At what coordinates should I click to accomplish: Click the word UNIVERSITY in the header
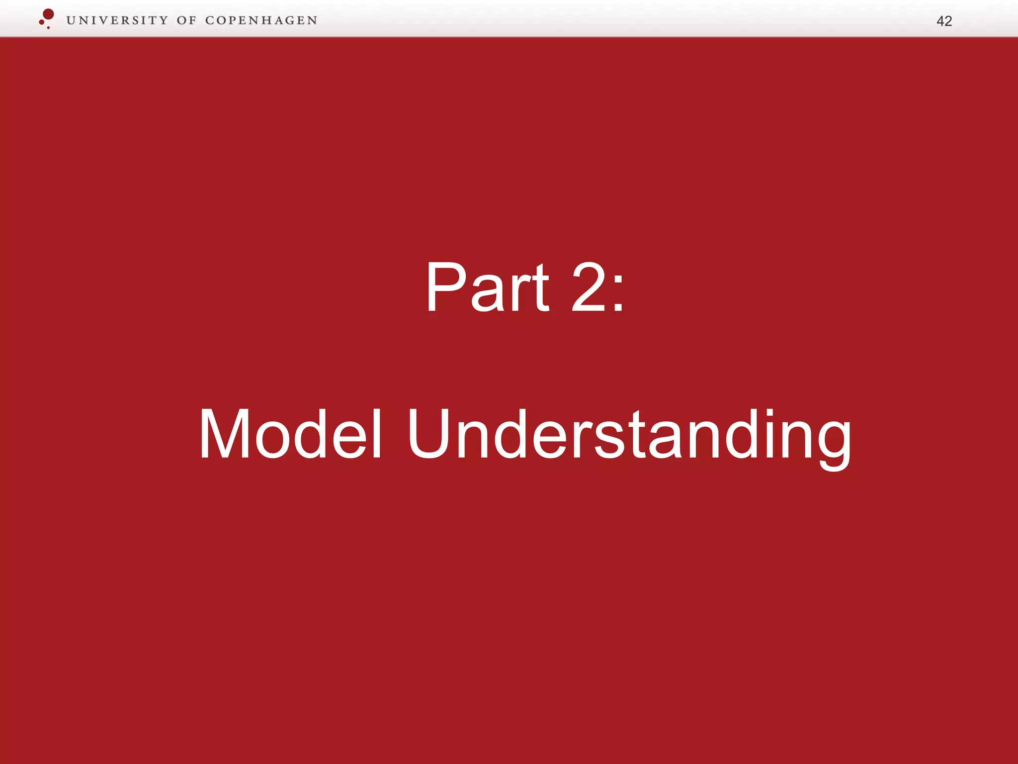(x=117, y=20)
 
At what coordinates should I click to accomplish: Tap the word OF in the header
(x=186, y=20)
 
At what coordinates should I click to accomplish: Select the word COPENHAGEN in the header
(x=261, y=20)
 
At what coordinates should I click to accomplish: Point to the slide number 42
(x=944, y=21)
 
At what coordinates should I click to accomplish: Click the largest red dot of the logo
(x=48, y=14)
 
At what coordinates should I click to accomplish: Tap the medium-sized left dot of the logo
(x=42, y=22)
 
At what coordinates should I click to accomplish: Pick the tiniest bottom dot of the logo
(x=48, y=27)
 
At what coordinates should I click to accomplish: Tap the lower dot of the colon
(x=618, y=308)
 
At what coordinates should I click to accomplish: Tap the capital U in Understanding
(x=429, y=434)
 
